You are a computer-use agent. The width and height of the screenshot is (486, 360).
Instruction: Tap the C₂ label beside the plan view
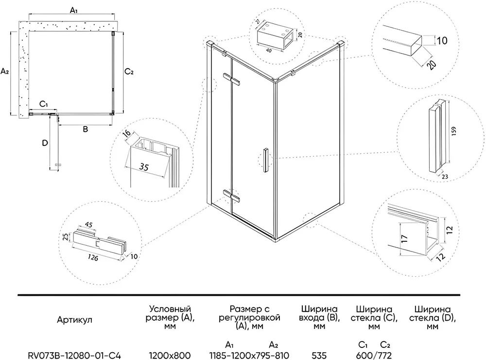pos(129,72)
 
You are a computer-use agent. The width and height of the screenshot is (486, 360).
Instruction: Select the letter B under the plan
pos(85,129)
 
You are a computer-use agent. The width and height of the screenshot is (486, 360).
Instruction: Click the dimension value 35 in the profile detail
pos(143,166)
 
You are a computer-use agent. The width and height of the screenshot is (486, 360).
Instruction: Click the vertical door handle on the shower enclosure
pos(265,160)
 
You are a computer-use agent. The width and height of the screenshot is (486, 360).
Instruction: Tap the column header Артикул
pos(74,320)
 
